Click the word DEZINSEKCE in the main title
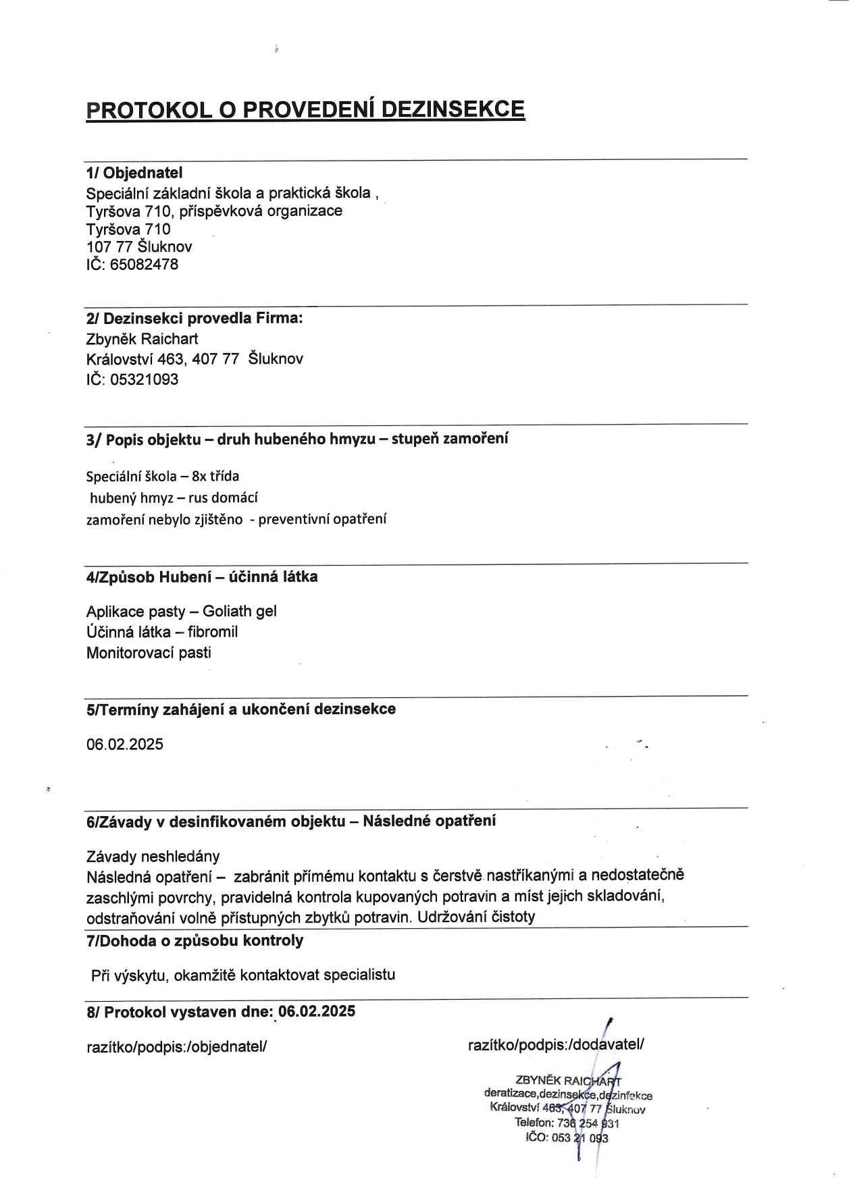click(x=453, y=109)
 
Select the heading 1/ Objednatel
click(x=134, y=173)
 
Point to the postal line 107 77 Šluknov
click(x=139, y=247)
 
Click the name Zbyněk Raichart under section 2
click(x=142, y=339)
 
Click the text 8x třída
click(x=215, y=477)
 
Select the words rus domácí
click(x=223, y=498)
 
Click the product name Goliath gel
click(x=240, y=612)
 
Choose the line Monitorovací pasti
click(x=149, y=653)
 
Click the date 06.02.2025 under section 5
click(x=125, y=745)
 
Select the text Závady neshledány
click(x=153, y=857)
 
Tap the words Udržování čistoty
click(x=476, y=917)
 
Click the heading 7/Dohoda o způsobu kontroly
click(x=195, y=940)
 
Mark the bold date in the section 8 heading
click(x=317, y=1011)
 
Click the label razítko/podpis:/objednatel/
click(x=178, y=1046)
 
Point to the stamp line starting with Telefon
click(x=567, y=1123)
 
